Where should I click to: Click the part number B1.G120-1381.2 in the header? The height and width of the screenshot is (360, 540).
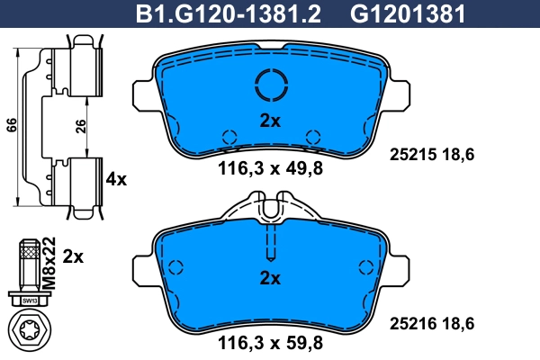(x=229, y=14)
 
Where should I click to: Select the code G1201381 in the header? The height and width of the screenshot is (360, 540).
(x=408, y=14)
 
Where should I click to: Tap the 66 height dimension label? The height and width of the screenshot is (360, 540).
(x=11, y=125)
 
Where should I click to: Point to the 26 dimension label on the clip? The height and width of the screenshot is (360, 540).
(x=80, y=126)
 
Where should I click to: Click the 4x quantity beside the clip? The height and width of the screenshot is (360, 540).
(x=116, y=179)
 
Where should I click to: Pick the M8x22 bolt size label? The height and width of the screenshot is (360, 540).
(x=49, y=263)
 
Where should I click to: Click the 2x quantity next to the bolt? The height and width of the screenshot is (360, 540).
(x=73, y=257)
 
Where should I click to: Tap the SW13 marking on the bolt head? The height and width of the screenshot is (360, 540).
(x=30, y=301)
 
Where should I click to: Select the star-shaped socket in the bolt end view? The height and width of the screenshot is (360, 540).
(x=30, y=330)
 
